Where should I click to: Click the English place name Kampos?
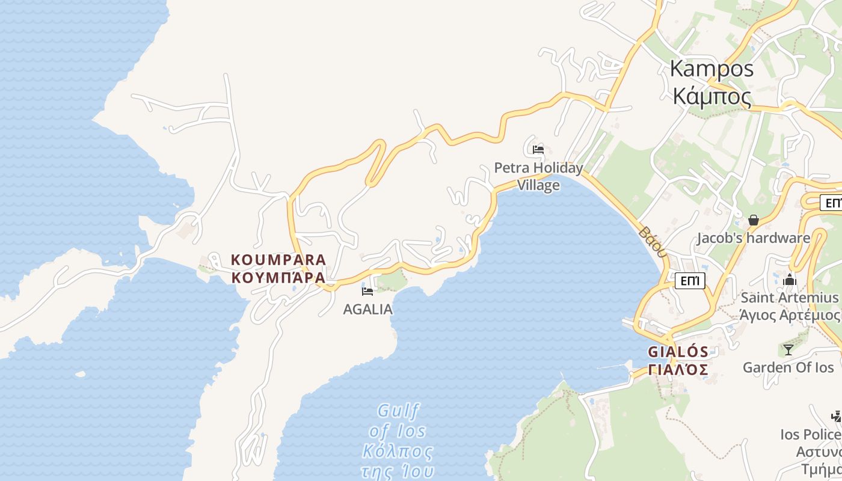[711, 69]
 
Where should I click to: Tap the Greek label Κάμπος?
[711, 96]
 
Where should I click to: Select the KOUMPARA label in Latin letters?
[278, 260]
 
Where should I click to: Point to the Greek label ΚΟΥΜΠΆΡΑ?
[278, 278]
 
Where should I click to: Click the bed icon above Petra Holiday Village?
[538, 149]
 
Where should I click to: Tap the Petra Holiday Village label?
[538, 176]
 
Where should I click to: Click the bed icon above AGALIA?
[367, 292]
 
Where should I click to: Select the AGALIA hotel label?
[367, 309]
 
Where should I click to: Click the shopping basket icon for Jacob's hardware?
[753, 220]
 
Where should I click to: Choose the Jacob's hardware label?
[753, 238]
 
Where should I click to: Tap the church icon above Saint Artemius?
[790, 280]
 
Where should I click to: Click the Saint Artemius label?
[789, 298]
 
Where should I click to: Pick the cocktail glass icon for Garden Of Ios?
[788, 349]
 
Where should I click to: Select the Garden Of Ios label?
[788, 367]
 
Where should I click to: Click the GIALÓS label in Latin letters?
[678, 352]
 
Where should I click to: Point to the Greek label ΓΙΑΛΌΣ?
[678, 369]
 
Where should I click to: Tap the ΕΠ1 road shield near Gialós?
[690, 280]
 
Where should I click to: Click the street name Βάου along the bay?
[653, 242]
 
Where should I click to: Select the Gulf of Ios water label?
[398, 421]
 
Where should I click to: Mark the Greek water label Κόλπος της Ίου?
[398, 461]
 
